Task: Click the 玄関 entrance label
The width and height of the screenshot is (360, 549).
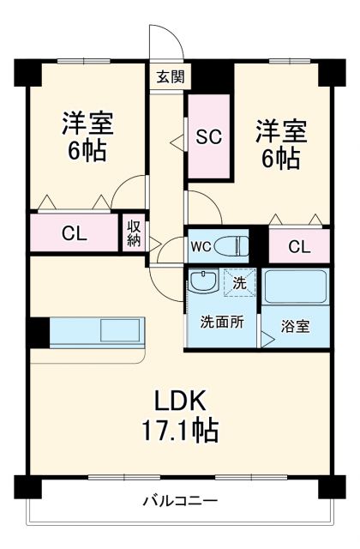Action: click(168, 75)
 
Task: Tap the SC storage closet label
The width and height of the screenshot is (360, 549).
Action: click(210, 136)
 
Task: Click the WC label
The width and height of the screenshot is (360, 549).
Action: click(201, 247)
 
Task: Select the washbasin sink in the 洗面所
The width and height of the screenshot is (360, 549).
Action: click(204, 282)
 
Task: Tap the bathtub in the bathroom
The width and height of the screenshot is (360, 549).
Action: click(296, 288)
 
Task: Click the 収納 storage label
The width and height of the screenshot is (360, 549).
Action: click(134, 232)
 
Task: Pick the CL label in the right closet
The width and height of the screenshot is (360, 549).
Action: click(298, 247)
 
